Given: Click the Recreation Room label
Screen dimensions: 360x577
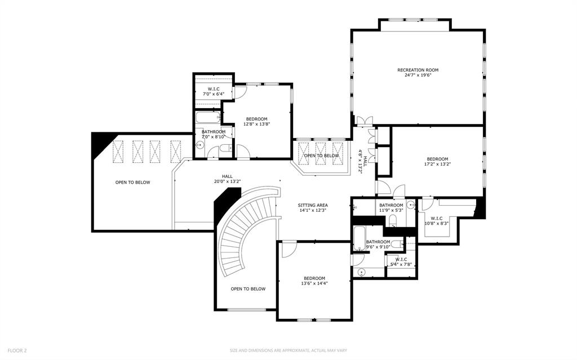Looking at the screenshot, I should [x=418, y=70].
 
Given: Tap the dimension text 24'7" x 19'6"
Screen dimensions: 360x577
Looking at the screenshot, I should [x=418, y=75].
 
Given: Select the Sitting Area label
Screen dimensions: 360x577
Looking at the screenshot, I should [x=313, y=205].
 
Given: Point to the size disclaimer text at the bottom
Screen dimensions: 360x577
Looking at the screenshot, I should [x=288, y=350].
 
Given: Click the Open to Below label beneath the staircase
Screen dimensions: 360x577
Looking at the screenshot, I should [x=248, y=289].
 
